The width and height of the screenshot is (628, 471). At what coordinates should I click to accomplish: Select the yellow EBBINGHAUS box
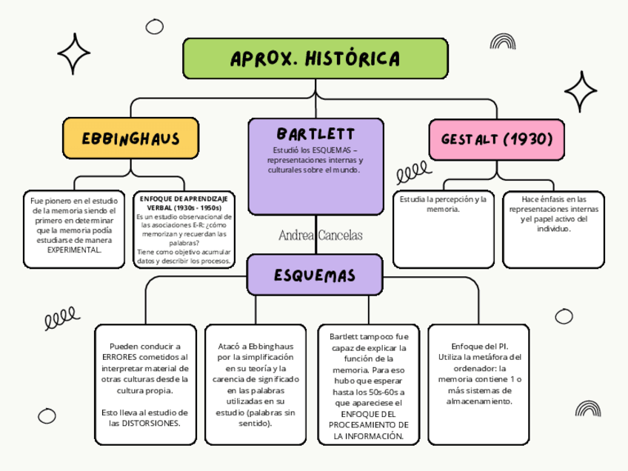tap(130, 138)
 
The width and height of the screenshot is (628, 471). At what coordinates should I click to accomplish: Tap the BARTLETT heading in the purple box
tap(315, 134)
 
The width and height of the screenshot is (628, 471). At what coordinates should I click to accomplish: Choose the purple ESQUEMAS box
tap(315, 275)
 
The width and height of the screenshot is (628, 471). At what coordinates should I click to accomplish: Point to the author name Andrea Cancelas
tap(321, 235)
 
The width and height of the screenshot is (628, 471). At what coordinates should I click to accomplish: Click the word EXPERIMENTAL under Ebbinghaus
tap(74, 250)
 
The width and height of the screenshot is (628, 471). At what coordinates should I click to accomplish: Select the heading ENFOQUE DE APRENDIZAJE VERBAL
tap(184, 204)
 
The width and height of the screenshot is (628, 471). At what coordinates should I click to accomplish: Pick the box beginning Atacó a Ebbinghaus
tap(255, 384)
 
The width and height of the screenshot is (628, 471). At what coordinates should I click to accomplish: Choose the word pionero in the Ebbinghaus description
tap(59, 201)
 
